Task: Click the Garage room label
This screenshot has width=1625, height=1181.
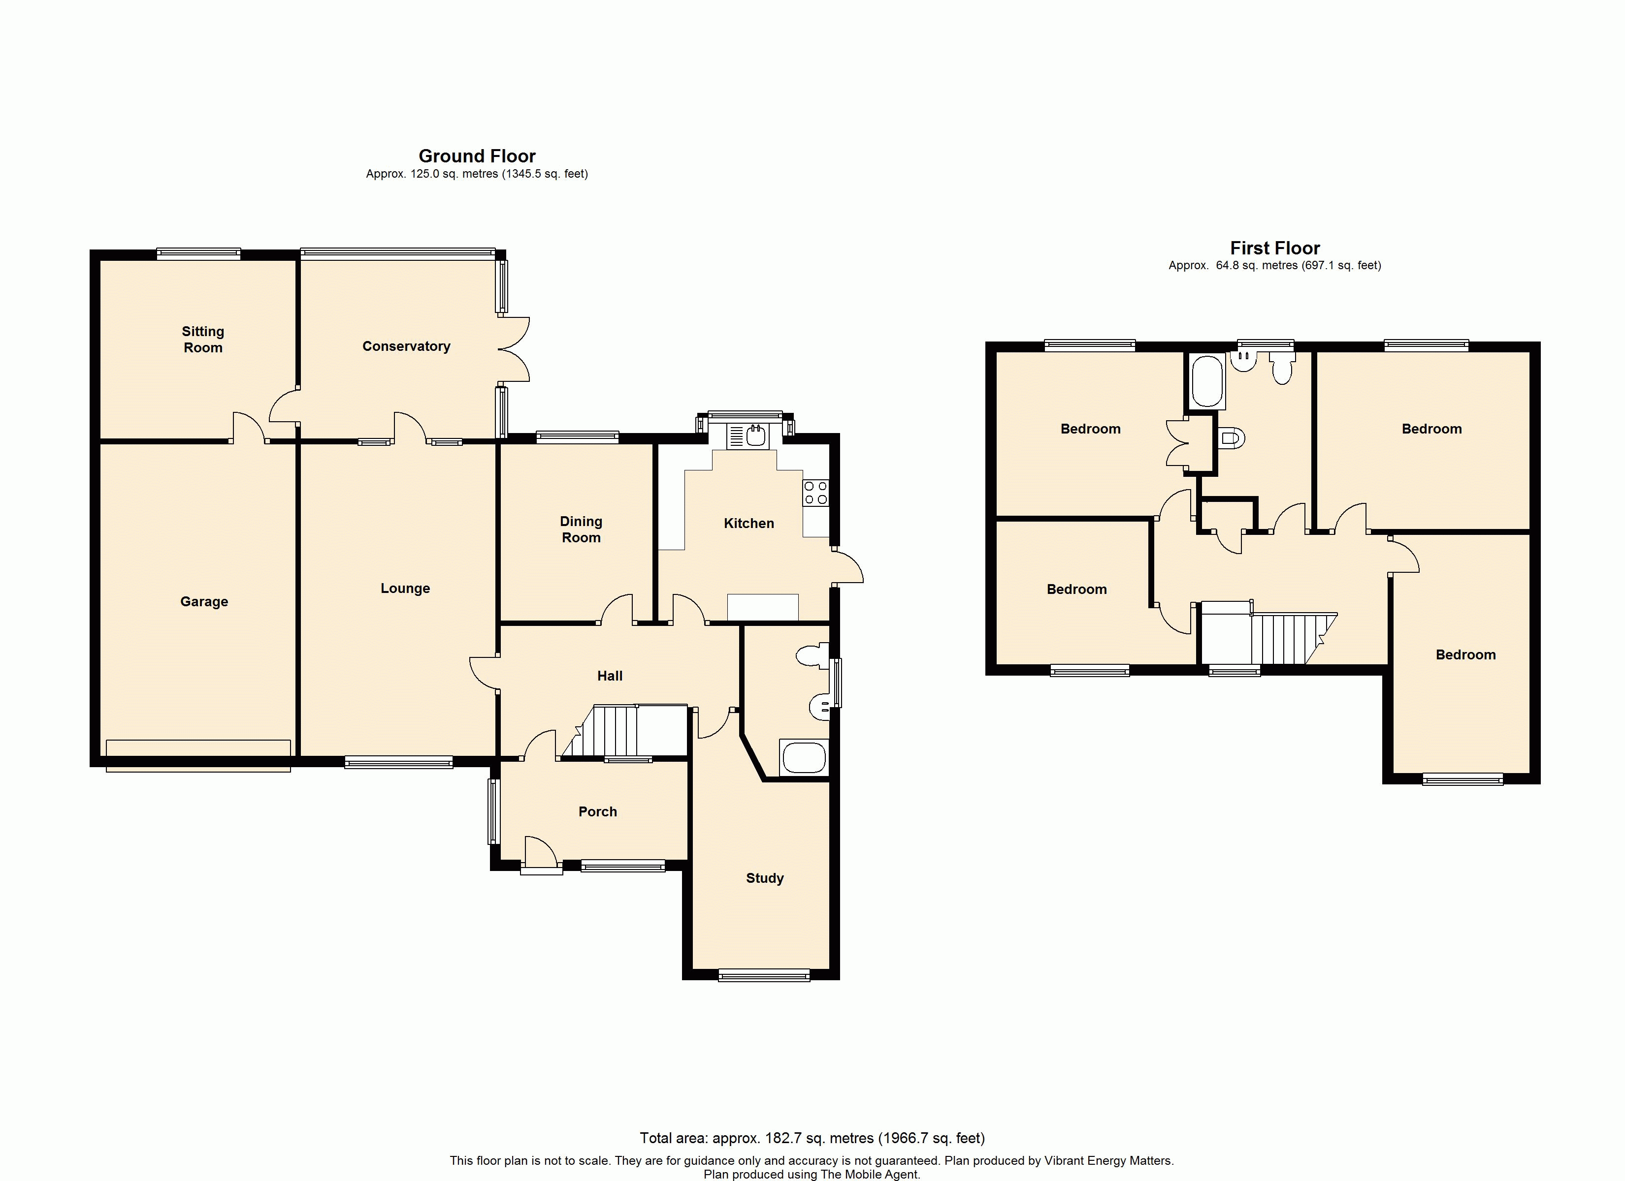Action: pyautogui.click(x=204, y=602)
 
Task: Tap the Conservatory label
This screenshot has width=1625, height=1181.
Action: pyautogui.click(x=406, y=346)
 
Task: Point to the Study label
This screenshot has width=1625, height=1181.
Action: pyautogui.click(x=765, y=878)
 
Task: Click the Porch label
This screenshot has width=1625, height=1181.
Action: pyautogui.click(x=597, y=811)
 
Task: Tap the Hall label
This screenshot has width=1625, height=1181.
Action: pyautogui.click(x=610, y=675)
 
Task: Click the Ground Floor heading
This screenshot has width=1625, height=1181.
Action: pyautogui.click(x=477, y=156)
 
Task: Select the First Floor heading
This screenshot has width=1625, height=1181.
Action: pyautogui.click(x=1274, y=248)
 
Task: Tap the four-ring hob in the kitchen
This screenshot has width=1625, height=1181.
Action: pyautogui.click(x=816, y=493)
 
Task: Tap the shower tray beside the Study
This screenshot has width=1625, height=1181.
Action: pyautogui.click(x=804, y=758)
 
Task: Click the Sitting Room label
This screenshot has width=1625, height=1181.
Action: pyautogui.click(x=203, y=340)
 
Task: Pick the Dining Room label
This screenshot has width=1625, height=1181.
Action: pyautogui.click(x=581, y=529)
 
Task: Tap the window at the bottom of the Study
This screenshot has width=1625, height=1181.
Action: pyautogui.click(x=764, y=975)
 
